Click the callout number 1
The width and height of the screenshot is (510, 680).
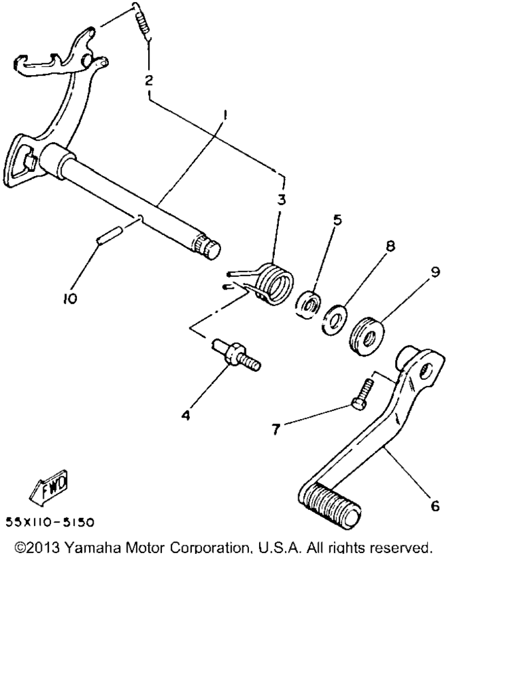(225, 115)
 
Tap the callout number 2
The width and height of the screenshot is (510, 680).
(149, 80)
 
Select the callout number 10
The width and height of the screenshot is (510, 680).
(70, 298)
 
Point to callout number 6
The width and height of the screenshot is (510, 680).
(435, 505)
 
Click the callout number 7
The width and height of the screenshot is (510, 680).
(276, 430)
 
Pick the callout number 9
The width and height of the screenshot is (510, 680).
(436, 272)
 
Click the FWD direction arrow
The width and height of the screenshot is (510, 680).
(48, 487)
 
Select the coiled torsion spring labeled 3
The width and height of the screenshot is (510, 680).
(264, 283)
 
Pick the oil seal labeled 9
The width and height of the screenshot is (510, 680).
(366, 336)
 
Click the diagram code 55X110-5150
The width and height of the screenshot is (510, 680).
(50, 523)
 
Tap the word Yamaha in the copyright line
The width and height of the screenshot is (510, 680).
(92, 548)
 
